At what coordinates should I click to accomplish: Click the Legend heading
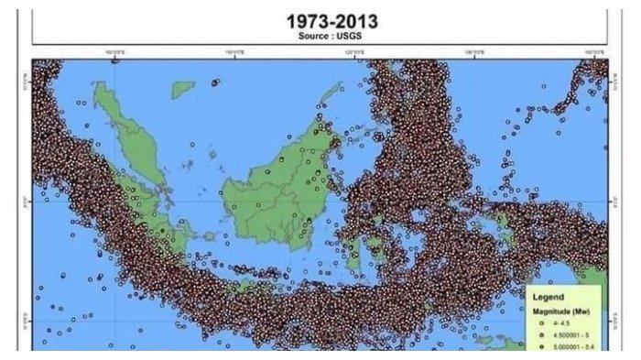tap(549, 297)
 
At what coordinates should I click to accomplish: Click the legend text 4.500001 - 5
tap(569, 335)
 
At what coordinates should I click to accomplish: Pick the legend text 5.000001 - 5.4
tap(571, 347)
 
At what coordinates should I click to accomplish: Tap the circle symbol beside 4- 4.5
tap(541, 323)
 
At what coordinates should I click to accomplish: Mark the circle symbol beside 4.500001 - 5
tap(541, 335)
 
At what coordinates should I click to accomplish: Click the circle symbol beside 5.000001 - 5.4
tap(541, 347)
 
